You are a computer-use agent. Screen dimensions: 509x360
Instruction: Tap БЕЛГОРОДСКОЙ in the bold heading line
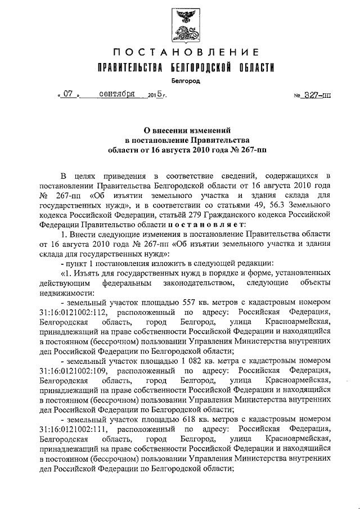(201, 69)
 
